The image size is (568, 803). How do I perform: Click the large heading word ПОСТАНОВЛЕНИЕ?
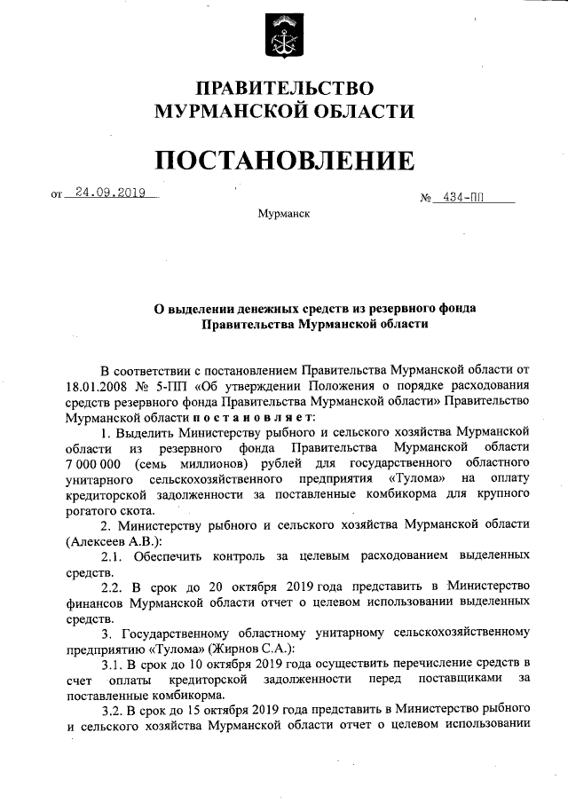[x=284, y=160]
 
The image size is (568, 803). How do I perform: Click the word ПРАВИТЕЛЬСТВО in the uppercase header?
[x=284, y=89]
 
